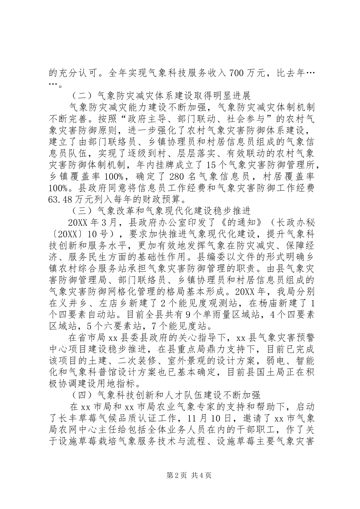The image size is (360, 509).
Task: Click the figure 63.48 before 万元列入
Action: (x=64, y=197)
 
